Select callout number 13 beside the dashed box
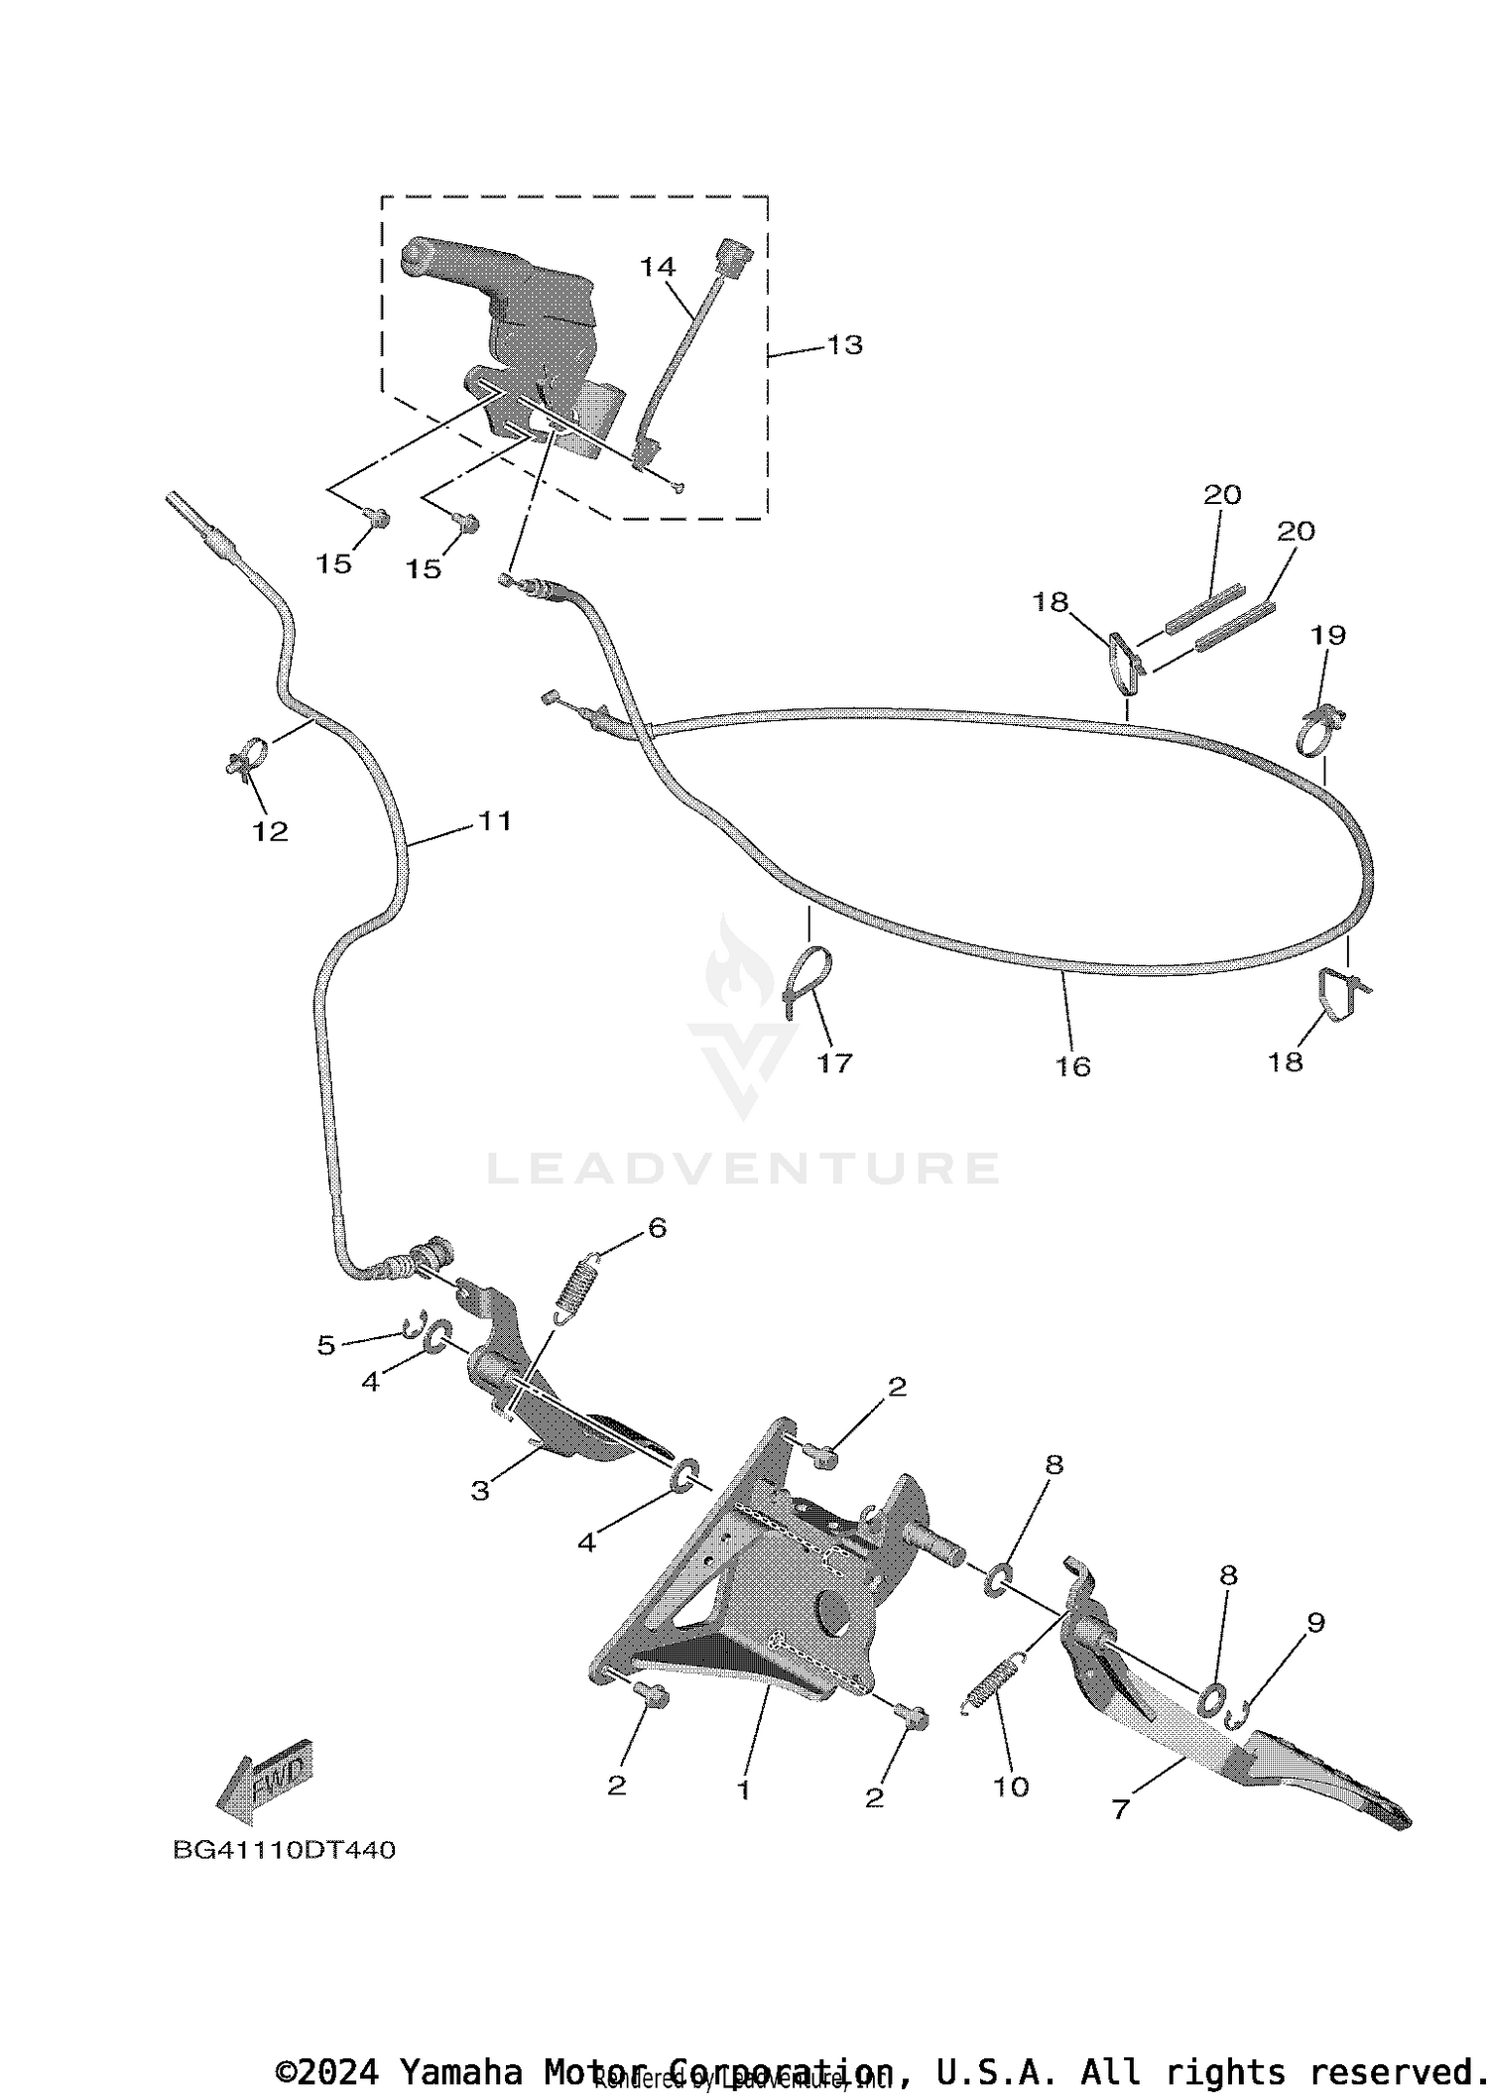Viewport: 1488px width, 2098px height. pos(844,344)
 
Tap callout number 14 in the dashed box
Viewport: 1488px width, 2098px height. pos(658,267)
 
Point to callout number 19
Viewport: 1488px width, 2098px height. pos(1328,635)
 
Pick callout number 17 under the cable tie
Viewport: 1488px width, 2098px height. pos(834,1063)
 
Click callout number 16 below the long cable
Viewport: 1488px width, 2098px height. pos(1072,1066)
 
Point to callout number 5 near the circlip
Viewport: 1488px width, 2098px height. pos(326,1345)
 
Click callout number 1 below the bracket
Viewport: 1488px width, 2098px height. pos(743,1790)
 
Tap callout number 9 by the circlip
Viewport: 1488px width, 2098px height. pos(1315,1623)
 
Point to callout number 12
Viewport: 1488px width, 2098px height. pos(270,831)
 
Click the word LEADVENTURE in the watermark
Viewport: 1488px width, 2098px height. pos(743,1169)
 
